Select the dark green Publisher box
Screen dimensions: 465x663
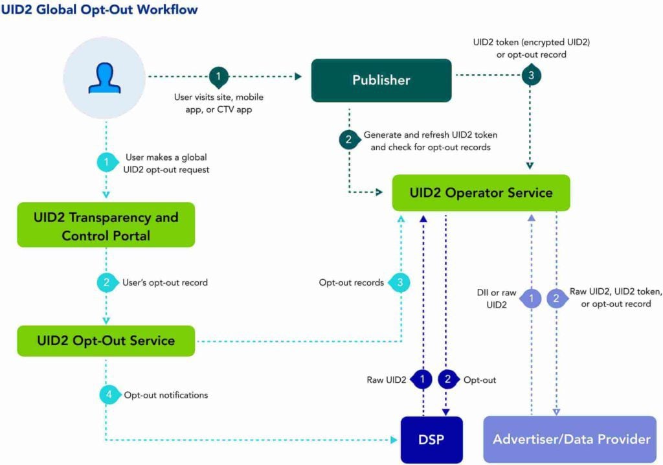(x=381, y=80)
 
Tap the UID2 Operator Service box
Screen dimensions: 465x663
(x=481, y=192)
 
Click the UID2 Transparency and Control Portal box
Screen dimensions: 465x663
(x=106, y=226)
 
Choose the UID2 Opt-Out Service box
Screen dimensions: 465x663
(x=106, y=340)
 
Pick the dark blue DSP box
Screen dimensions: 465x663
(x=432, y=439)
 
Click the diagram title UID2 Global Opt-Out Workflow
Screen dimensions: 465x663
(x=100, y=10)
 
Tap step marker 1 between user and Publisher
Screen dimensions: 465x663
(x=219, y=76)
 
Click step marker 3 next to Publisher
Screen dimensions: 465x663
(x=530, y=75)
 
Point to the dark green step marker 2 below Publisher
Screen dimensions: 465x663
(x=349, y=139)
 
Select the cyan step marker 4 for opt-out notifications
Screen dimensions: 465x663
(x=109, y=394)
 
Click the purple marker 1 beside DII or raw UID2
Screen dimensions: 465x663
(x=531, y=299)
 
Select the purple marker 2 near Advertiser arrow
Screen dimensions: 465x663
(x=556, y=299)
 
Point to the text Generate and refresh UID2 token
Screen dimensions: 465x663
(x=430, y=135)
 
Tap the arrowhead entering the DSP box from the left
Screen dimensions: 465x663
(x=394, y=440)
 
